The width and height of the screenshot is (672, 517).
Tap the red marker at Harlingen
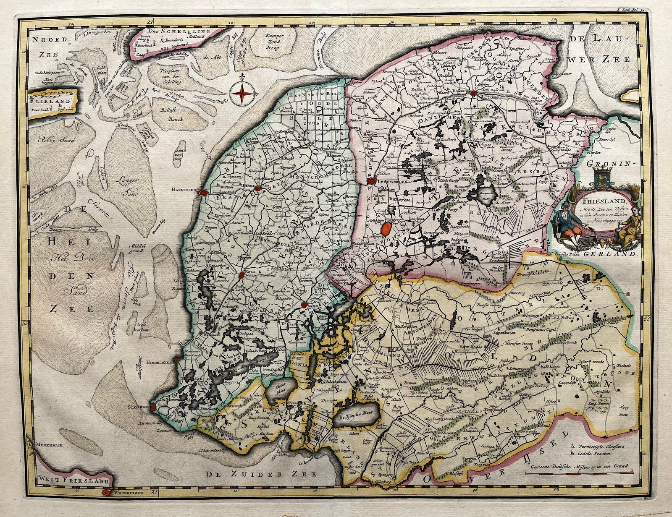[205, 191]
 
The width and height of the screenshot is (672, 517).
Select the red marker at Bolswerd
[242, 275]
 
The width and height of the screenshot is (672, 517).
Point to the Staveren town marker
[153, 406]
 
